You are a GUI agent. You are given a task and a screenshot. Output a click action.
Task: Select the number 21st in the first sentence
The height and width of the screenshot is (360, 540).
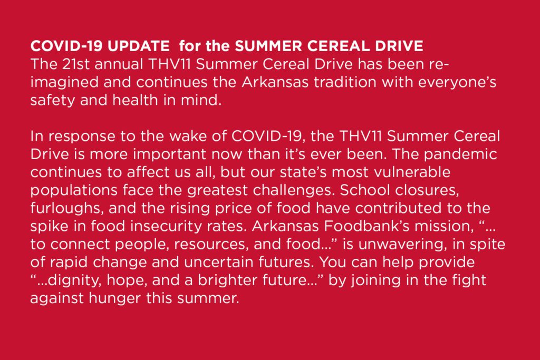tap(75, 64)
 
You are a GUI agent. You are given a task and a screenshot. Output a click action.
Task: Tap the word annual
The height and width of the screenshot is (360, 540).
tap(119, 64)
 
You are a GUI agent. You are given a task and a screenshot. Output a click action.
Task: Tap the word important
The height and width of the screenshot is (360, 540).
tap(169, 154)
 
